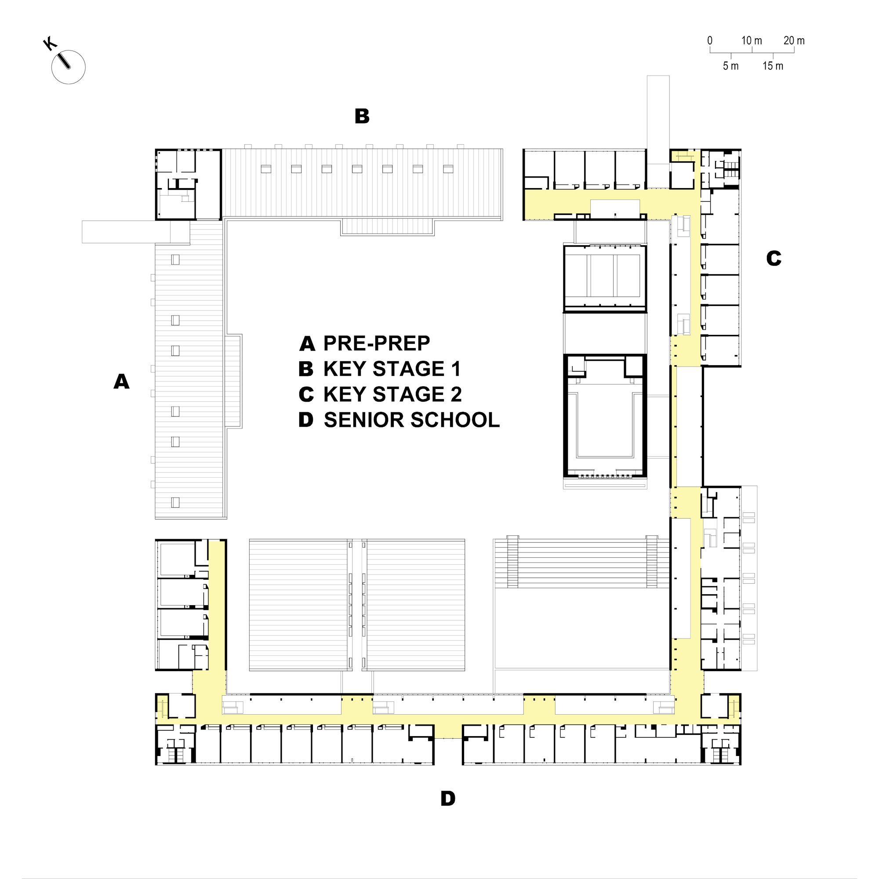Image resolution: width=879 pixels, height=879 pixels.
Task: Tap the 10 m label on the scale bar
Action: (x=752, y=40)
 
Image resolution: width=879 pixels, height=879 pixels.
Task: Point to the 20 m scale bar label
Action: (x=794, y=40)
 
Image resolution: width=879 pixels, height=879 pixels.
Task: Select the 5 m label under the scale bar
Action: (x=731, y=66)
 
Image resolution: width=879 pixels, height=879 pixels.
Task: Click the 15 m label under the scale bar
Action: (x=773, y=66)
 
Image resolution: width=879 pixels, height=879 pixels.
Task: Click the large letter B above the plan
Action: (x=362, y=116)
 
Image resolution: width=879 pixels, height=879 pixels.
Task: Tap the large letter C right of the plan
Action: (x=774, y=258)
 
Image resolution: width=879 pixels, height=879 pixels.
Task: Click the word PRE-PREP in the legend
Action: (x=377, y=344)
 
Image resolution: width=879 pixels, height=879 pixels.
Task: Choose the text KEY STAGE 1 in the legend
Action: (x=392, y=369)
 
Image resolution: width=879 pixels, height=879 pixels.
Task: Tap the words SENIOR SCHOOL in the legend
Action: (x=412, y=420)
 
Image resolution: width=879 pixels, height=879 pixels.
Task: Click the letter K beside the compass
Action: (x=50, y=44)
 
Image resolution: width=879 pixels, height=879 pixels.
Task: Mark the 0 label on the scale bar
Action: (x=710, y=40)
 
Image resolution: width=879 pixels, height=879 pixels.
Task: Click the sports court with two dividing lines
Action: (x=605, y=279)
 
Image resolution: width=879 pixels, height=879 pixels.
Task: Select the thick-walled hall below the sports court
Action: (x=605, y=415)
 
